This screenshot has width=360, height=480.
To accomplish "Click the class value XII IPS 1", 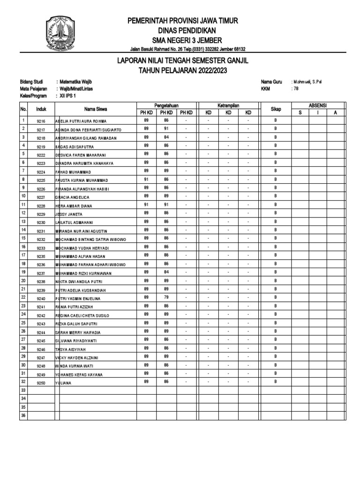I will (69, 95).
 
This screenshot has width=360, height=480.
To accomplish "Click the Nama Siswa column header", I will (96, 109).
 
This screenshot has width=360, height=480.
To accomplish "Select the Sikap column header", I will (276, 109).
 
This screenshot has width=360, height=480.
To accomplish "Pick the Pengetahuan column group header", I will (166, 105).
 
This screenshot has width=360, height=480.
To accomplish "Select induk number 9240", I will (41, 299).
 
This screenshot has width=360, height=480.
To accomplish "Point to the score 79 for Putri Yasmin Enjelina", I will (166, 297).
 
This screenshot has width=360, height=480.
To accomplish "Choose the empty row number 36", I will (22, 415).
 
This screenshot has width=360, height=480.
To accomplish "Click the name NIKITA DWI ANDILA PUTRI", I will (79, 282).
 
